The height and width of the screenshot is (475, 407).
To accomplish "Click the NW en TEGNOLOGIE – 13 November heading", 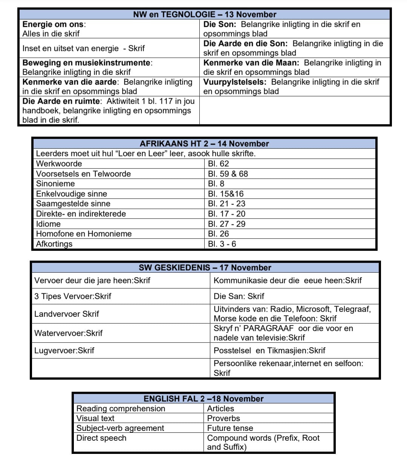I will (205, 14).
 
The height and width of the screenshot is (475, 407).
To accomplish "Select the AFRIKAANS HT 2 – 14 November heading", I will (204, 144).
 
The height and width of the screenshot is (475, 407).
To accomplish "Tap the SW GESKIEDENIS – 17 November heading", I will (205, 267).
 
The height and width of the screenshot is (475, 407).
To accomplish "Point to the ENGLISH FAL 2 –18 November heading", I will (203, 399).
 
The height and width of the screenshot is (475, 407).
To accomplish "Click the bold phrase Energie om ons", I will (53, 24).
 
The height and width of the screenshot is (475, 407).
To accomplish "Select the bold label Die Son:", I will (220, 24).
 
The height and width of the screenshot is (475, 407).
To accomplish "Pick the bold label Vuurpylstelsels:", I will (235, 82).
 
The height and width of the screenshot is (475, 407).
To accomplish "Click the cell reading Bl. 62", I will (219, 163).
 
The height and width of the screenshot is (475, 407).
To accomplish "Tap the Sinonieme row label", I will (55, 183).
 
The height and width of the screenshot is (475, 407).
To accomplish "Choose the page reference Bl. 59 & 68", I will (228, 174).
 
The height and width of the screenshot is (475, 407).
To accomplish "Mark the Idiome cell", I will (48, 224).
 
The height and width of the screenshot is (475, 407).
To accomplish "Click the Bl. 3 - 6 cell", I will (222, 244).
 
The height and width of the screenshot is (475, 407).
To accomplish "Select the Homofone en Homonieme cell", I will (84, 234).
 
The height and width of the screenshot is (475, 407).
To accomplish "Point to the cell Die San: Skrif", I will (239, 296).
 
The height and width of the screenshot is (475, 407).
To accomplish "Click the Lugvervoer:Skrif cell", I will (64, 350).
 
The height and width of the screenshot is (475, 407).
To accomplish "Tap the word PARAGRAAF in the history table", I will (268, 328).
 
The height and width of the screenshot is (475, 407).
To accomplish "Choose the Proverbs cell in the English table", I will (223, 418).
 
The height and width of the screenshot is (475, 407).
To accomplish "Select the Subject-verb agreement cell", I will (120, 428).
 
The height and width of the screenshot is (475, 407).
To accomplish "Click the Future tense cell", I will (230, 428).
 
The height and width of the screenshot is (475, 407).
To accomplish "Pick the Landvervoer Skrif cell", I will (67, 314).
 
